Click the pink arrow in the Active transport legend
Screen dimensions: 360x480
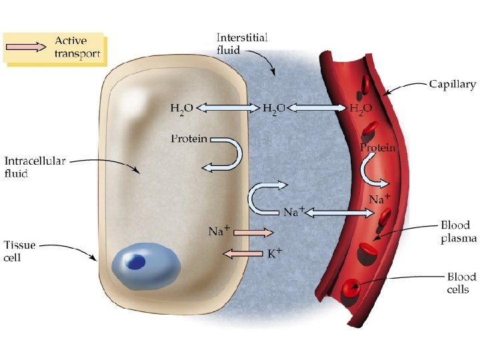point(27,47)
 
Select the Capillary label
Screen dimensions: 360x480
point(452,85)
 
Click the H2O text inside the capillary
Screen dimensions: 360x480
point(361,107)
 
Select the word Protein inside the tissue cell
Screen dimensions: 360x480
point(189,139)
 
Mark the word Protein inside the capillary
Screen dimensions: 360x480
point(378,147)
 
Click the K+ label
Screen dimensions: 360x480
point(275,253)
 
